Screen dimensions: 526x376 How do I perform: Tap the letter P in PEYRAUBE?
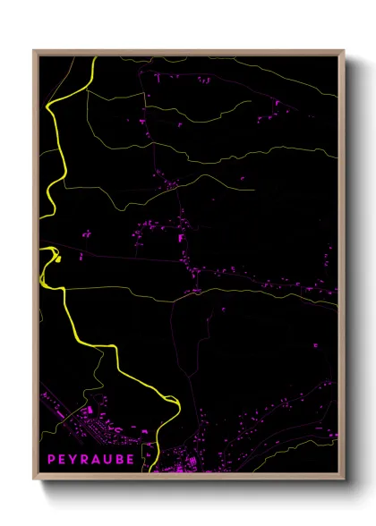click(x=51, y=459)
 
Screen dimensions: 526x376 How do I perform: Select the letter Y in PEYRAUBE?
click(x=73, y=459)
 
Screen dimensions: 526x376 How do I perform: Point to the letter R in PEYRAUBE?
click(x=85, y=459)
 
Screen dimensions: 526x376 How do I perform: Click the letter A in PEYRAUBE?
click(x=97, y=459)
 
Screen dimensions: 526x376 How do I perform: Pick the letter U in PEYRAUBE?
click(x=108, y=459)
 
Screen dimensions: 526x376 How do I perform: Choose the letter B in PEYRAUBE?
click(x=120, y=459)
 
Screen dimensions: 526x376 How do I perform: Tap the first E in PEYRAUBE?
click(x=62, y=459)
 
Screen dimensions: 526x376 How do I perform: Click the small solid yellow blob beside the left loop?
click(x=57, y=259)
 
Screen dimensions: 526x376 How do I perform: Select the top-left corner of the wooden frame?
click(x=34, y=51)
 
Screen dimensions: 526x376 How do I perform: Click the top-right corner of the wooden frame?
click(x=345, y=51)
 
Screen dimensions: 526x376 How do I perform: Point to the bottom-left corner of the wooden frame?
click(x=34, y=479)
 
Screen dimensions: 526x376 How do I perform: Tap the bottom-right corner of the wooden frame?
click(x=345, y=479)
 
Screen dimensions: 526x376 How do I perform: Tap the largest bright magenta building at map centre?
click(x=182, y=239)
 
